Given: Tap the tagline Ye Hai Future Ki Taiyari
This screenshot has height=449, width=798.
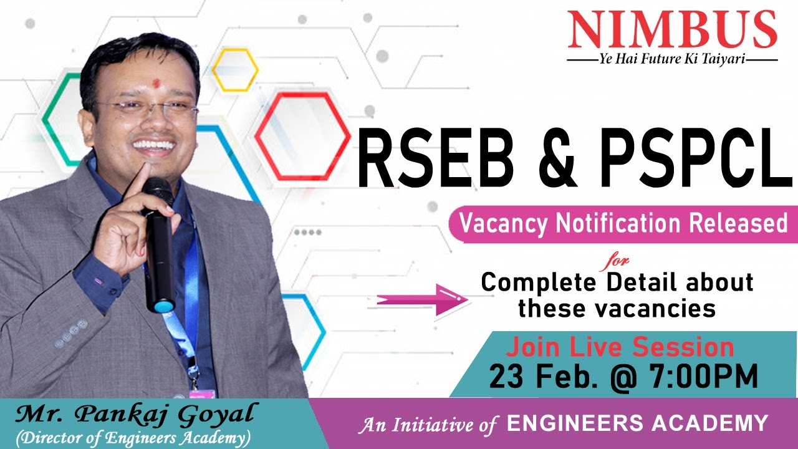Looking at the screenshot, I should [672, 60].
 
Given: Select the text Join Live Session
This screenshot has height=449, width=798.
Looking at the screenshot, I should [620, 347].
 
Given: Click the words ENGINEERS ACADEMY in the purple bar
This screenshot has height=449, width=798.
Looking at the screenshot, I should [637, 423].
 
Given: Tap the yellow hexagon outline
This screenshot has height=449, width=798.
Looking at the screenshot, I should [235, 70].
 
